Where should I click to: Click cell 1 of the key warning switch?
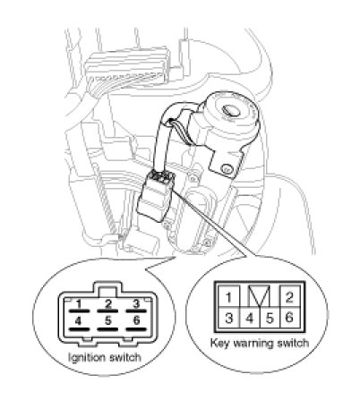pos(228,296)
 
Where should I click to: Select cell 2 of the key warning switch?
pos(289,296)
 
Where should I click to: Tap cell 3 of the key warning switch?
pos(228,318)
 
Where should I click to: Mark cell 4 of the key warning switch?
pos(250,318)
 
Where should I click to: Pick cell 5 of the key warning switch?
pos(270,318)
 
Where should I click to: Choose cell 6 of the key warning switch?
pos(289,318)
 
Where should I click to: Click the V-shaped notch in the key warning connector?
pos(259,296)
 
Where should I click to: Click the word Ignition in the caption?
pos(87,358)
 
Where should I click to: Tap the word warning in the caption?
pos(253,343)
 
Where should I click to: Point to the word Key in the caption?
pos(220,344)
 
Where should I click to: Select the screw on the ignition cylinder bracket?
pos(225,169)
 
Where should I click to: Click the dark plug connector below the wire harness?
pos(156,197)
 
